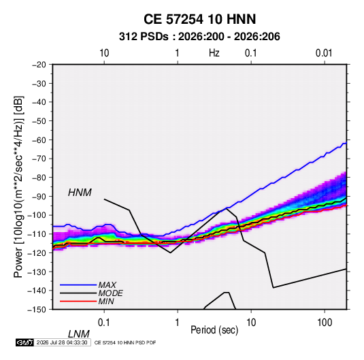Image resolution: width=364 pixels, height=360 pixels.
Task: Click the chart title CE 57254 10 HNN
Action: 199,19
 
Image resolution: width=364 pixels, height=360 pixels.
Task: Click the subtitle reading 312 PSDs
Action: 144,37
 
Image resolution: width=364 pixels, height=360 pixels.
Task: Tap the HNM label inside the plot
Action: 80,193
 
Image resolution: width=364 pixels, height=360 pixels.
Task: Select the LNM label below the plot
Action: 79,334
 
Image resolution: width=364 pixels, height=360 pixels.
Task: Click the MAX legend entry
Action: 107,284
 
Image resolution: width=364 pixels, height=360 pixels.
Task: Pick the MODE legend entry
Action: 110,293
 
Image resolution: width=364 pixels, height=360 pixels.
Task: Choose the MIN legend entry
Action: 106,301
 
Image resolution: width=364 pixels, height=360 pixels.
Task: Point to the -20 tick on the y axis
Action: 39,65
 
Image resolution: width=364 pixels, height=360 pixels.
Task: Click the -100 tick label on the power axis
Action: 37,215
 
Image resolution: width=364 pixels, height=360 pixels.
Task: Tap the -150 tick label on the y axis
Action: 37,310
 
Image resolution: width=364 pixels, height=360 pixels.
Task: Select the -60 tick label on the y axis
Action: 39,140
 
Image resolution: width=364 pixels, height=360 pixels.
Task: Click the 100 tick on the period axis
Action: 325,323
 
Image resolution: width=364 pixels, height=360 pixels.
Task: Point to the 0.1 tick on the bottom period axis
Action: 104,323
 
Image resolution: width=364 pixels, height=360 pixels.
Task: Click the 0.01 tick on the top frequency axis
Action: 324,53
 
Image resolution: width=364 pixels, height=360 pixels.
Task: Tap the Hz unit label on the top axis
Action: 214,53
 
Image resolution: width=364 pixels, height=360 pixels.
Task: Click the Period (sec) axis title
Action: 214,330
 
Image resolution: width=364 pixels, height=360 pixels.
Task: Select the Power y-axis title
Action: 18,187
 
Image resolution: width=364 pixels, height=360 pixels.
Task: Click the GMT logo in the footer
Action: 25,342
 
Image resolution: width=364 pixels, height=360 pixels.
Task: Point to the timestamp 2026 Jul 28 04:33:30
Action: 62,342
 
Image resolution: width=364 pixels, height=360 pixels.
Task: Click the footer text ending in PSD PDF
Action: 125,342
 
